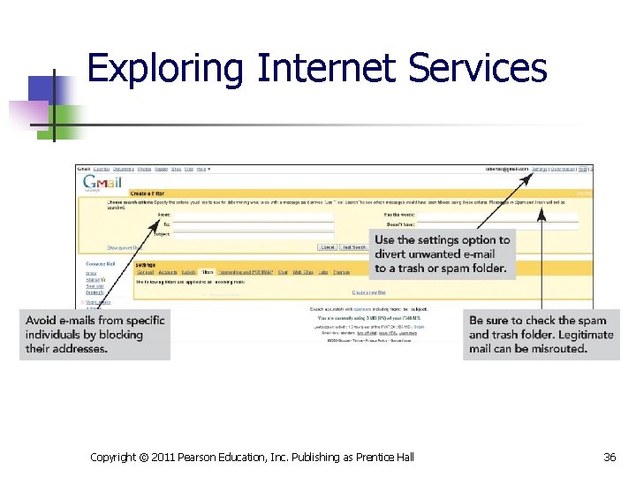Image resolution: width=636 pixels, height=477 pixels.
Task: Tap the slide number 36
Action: coord(609,457)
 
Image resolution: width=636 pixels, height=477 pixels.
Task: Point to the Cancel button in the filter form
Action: coord(328,247)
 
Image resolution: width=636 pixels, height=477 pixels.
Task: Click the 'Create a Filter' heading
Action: coord(151,192)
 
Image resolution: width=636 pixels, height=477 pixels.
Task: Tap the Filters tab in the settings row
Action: coord(207,272)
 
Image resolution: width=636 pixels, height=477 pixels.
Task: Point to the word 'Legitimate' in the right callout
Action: coord(584,335)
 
